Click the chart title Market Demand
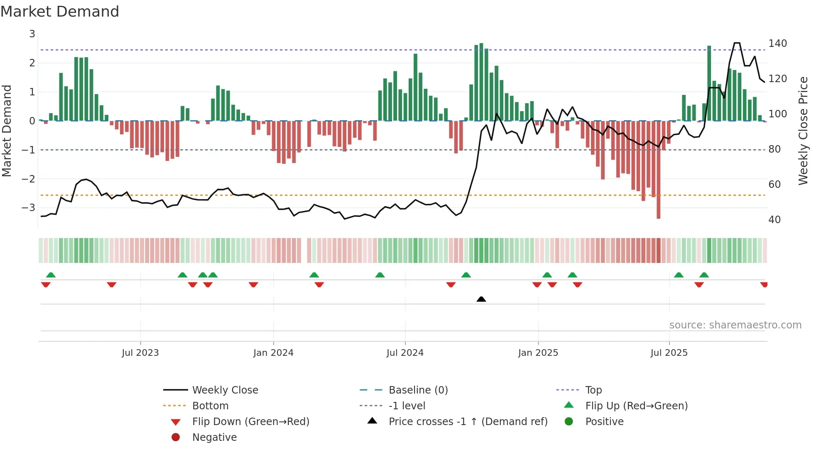[x=60, y=12]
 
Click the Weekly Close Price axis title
[x=803, y=131]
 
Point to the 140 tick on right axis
[x=777, y=44]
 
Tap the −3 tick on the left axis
[x=29, y=207]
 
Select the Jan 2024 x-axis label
[x=273, y=353]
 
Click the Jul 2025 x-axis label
[x=669, y=353]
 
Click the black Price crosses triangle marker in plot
[x=481, y=299]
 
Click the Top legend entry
[x=593, y=390]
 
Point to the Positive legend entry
[x=604, y=422]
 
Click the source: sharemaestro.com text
[x=735, y=325]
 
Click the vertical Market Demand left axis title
[x=7, y=131]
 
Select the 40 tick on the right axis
[x=774, y=220]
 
